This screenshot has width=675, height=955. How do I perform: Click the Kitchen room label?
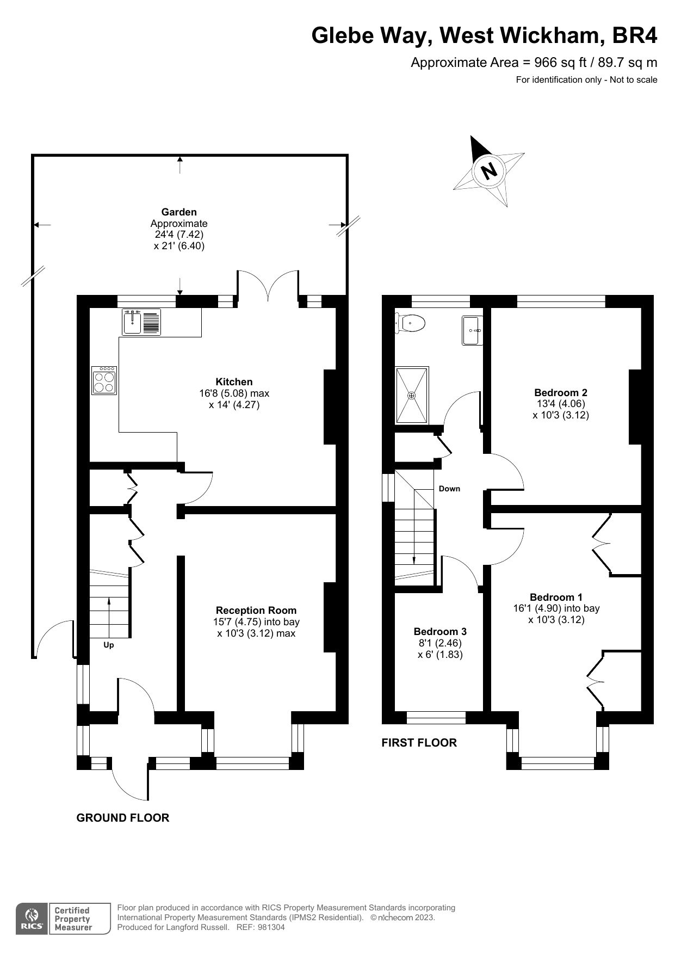(234, 382)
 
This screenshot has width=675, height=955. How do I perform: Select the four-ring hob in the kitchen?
(104, 380)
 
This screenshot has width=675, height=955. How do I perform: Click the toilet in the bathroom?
(411, 323)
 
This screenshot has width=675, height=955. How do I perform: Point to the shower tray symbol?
(412, 396)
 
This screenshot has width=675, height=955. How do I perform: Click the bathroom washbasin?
(472, 330)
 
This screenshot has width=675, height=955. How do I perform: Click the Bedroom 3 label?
(440, 632)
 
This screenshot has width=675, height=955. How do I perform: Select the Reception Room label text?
(256, 611)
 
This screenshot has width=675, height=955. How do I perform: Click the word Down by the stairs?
(449, 489)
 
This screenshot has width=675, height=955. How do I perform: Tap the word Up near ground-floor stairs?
(109, 645)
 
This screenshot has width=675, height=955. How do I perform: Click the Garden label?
(179, 212)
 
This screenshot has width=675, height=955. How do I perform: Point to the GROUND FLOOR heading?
(123, 817)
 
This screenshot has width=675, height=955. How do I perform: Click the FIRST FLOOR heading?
(419, 742)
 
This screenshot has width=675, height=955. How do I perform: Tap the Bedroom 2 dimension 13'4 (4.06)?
(560, 404)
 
